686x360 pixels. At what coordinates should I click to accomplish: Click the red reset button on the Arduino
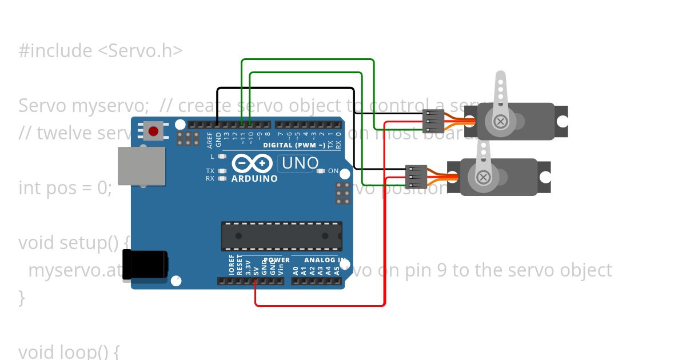tap(153, 131)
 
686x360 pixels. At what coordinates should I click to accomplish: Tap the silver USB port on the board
tap(141, 166)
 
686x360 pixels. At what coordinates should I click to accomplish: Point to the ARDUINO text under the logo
tap(254, 178)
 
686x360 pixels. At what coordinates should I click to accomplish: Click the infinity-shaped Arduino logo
tap(252, 164)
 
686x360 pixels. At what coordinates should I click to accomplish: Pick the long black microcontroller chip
tap(282, 235)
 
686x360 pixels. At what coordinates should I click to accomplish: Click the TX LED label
tap(210, 171)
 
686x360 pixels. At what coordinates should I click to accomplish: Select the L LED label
tap(212, 156)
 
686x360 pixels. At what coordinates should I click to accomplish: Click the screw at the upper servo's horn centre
tap(501, 122)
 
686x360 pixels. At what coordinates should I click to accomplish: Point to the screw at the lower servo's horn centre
tap(483, 177)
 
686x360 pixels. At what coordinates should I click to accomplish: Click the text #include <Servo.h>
tap(101, 51)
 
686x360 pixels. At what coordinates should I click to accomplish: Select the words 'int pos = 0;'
tap(65, 187)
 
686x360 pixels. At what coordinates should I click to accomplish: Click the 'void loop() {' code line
tap(69, 351)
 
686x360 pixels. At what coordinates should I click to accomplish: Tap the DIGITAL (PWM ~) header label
tap(294, 145)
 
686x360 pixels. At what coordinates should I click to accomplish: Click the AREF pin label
tap(210, 140)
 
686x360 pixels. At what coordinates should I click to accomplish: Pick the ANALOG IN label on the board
tap(325, 260)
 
